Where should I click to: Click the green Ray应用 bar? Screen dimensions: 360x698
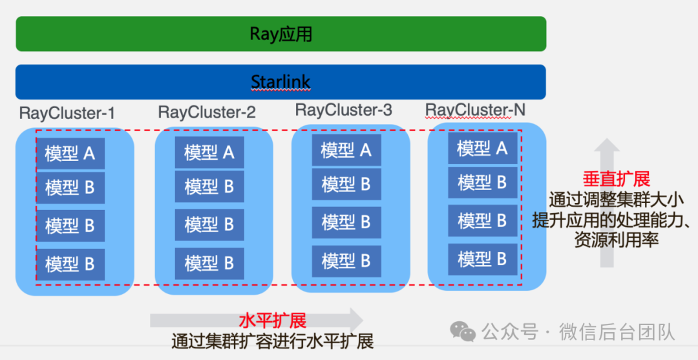(280, 34)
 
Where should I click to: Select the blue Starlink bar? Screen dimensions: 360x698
(280, 82)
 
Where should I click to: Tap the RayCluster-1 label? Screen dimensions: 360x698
(67, 114)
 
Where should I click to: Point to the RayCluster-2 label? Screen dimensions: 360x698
(207, 112)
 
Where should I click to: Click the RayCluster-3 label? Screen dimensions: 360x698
(344, 110)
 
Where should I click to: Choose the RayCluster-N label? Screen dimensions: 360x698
(476, 111)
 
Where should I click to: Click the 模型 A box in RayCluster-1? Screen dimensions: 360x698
(70, 153)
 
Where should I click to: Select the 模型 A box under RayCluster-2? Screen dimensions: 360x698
(209, 153)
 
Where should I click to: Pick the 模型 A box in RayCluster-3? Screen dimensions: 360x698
(346, 150)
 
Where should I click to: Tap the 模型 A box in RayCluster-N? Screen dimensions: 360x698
(483, 148)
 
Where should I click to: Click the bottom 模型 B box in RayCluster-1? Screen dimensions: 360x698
(70, 264)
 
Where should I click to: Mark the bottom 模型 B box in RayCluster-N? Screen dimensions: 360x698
(483, 259)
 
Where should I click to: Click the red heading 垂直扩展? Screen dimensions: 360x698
(616, 179)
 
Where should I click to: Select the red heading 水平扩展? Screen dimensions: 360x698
(272, 320)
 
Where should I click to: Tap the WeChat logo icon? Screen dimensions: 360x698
(463, 332)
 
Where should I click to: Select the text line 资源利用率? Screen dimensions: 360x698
(616, 240)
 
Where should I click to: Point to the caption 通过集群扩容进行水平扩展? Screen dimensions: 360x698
(272, 341)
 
